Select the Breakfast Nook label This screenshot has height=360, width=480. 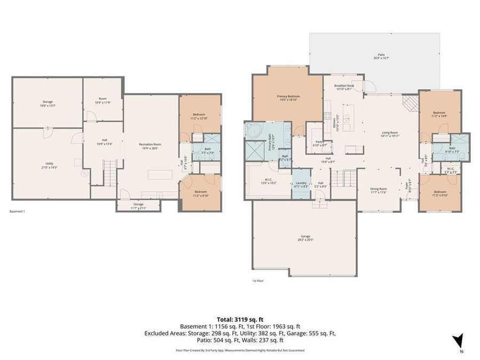click(343, 87)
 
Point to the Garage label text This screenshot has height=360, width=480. click(305, 238)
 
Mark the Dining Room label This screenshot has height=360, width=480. click(379, 190)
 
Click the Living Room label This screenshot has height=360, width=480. click(390, 134)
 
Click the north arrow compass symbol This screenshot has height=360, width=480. click(458, 341)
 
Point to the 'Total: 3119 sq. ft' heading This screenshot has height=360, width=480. click(239, 319)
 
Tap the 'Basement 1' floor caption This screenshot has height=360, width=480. click(17, 211)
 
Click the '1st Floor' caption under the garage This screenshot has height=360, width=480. click(258, 281)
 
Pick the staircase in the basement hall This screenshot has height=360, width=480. click(109, 172)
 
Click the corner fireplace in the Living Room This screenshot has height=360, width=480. click(410, 103)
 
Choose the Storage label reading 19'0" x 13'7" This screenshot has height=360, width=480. click(47, 103)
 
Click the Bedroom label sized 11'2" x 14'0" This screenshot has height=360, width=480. click(439, 114)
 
